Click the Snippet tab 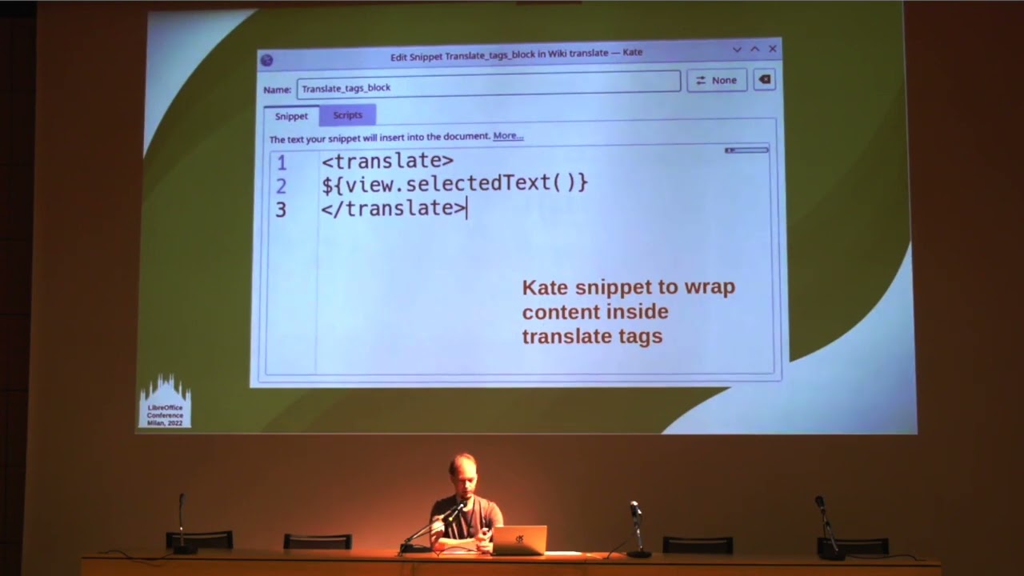[x=291, y=116]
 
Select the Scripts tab [x=347, y=115]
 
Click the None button [x=716, y=80]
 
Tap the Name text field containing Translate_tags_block [x=488, y=87]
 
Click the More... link [x=508, y=136]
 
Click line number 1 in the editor [x=281, y=163]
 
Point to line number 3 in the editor [x=281, y=210]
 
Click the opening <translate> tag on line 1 [x=387, y=161]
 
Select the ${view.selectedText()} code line [x=454, y=184]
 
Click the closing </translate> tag [x=393, y=208]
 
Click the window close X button [x=773, y=49]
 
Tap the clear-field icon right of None [x=764, y=80]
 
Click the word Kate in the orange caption [x=544, y=287]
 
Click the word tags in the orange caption [x=636, y=336]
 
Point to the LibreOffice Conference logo [x=165, y=402]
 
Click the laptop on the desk [x=519, y=540]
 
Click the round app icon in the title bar [x=267, y=60]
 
